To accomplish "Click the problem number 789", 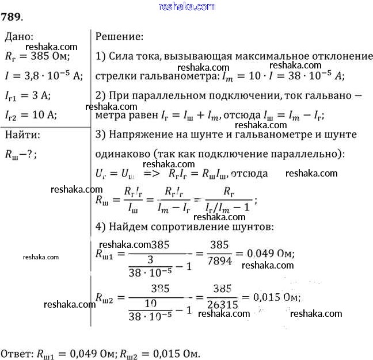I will click(x=12, y=16).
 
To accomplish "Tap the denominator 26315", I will click(x=222, y=307).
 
